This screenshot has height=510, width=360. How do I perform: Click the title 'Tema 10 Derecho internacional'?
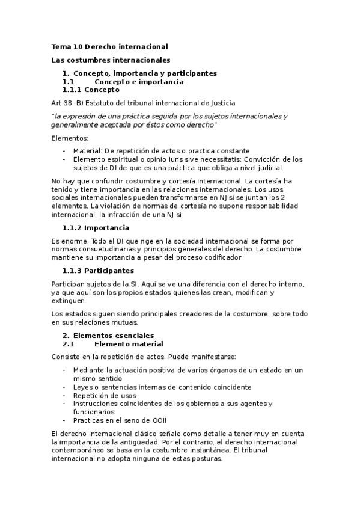pyautogui.click(x=109, y=46)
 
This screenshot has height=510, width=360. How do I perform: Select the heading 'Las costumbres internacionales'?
pyautogui.click(x=111, y=60)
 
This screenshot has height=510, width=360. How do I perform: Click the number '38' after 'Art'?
pyautogui.click(x=69, y=103)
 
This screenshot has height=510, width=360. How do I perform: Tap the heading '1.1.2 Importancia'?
pyautogui.click(x=96, y=228)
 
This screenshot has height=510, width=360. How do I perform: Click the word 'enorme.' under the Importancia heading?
pyautogui.click(x=75, y=241)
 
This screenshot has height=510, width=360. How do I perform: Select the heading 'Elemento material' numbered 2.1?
pyautogui.click(x=129, y=344)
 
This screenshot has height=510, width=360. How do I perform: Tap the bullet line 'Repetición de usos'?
pyautogui.click(x=105, y=396)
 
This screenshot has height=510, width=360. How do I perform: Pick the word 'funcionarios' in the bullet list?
pyautogui.click(x=93, y=412)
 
